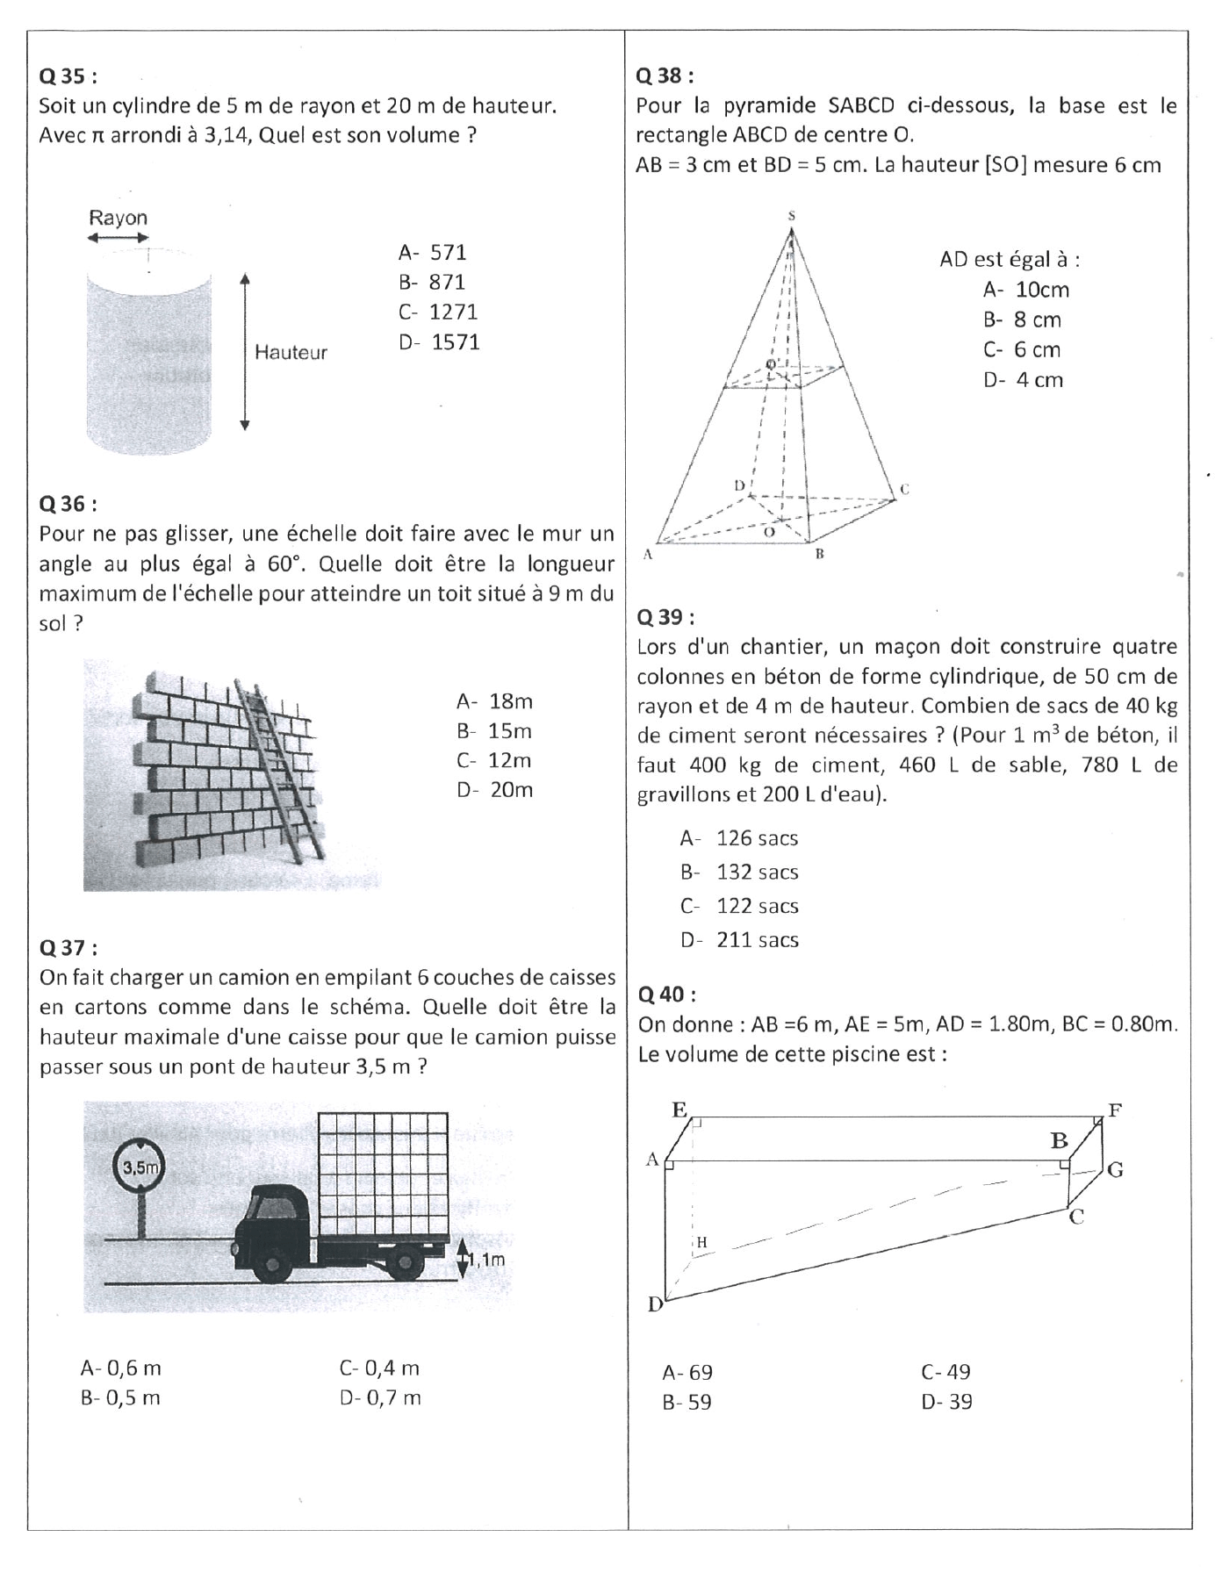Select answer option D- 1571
point(439,342)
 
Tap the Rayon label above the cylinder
point(118,218)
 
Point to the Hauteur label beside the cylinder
point(291,353)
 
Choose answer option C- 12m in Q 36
point(494,760)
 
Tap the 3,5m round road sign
point(140,1167)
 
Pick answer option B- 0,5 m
point(120,1397)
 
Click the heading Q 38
point(664,75)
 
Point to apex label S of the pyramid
point(792,215)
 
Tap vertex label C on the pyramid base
point(904,490)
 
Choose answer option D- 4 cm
point(1023,380)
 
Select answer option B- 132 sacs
point(739,872)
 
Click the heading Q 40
point(667,994)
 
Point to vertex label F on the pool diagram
point(1115,1110)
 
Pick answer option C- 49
point(945,1372)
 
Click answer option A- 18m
point(494,701)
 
